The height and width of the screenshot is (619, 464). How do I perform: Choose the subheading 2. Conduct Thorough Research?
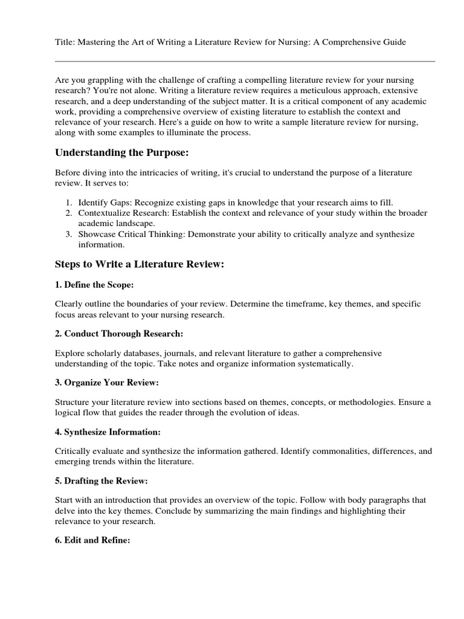[119, 334]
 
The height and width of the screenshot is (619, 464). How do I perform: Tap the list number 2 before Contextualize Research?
[69, 213]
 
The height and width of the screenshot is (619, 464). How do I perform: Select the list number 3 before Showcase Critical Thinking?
[69, 235]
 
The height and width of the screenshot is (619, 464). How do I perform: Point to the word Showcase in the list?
[95, 235]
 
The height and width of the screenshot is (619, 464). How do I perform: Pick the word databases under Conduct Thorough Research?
[140, 353]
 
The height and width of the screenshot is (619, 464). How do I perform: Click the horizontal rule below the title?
[245, 61]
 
